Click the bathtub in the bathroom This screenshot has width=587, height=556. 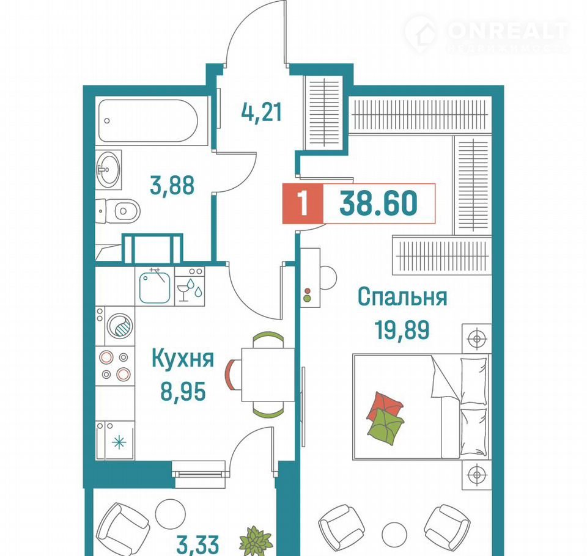[x=148, y=120]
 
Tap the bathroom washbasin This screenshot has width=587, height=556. [x=108, y=169]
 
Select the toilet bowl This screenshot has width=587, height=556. [x=121, y=211]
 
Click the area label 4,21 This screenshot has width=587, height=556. [x=261, y=112]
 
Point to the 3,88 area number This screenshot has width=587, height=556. [x=172, y=185]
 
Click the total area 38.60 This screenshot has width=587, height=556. [x=378, y=203]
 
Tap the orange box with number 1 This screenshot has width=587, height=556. [x=303, y=204]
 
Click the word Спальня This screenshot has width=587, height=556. [x=402, y=297]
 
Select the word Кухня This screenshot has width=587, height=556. [x=183, y=359]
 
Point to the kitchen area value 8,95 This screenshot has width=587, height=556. [x=183, y=392]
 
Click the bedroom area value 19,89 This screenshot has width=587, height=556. [x=402, y=330]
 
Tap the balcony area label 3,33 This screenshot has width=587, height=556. [x=198, y=545]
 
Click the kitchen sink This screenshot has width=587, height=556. [x=155, y=287]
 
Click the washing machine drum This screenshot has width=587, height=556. [x=120, y=326]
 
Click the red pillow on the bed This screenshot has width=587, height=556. [x=385, y=405]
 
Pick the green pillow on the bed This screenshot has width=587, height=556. [x=386, y=426]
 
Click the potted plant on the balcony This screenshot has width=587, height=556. [x=256, y=541]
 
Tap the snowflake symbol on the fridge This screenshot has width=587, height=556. [x=119, y=443]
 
